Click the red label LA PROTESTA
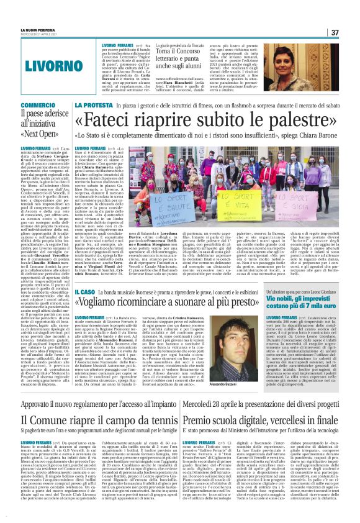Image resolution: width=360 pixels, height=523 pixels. tap(94, 105)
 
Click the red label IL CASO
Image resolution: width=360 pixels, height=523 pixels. tap(85, 291)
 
